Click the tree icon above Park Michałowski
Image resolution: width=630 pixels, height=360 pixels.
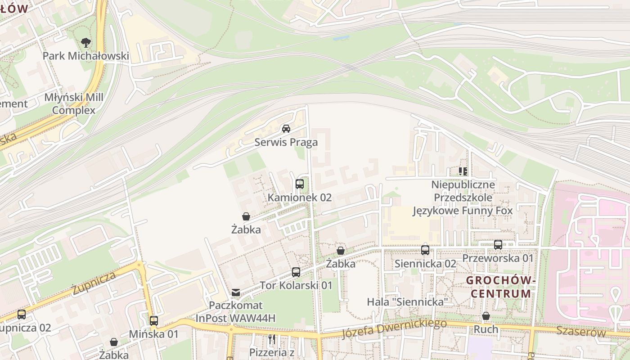pos(85,43)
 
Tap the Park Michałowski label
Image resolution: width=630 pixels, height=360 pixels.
pos(85,56)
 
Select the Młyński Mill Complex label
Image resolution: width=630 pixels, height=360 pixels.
pos(74,104)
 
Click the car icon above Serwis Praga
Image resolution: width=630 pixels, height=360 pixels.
pos(286,129)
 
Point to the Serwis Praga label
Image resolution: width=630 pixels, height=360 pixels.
pos(286,143)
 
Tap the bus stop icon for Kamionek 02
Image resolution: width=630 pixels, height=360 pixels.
pos(299,184)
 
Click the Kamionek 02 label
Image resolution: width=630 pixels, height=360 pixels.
pos(299,198)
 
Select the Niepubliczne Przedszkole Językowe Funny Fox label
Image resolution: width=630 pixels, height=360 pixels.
pos(463,198)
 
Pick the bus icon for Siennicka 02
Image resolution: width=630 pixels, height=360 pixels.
pos(425,250)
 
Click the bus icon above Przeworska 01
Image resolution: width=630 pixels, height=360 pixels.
pos(498,244)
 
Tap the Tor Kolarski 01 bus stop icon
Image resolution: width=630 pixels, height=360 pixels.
pos(296,272)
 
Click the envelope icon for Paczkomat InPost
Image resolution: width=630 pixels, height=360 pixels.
pos(235,292)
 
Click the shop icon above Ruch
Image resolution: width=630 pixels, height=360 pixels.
pos(486,316)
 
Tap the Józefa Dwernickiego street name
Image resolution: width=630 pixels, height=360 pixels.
pos(394,329)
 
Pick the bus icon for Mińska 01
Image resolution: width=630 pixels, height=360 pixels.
pos(154,321)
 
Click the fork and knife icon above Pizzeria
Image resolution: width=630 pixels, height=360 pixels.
pos(271,339)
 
